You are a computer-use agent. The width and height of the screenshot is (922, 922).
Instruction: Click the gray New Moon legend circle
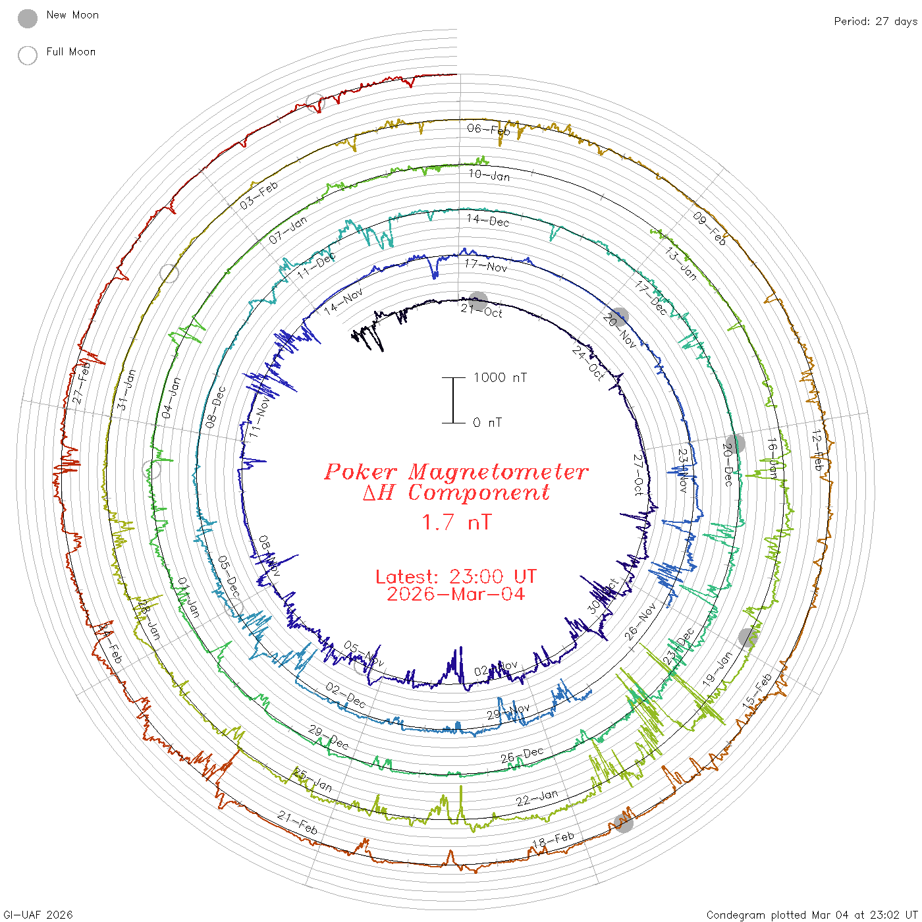pyautogui.click(x=28, y=18)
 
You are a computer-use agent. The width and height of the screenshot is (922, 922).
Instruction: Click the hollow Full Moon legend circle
pyautogui.click(x=28, y=55)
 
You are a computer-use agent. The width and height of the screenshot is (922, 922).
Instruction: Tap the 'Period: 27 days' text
pyautogui.click(x=875, y=21)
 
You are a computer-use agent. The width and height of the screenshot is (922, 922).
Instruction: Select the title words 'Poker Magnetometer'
pyautogui.click(x=456, y=472)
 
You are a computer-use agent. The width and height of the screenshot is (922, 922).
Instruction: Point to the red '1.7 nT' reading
pyautogui.click(x=456, y=522)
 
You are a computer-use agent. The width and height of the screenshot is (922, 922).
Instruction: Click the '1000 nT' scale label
pyautogui.click(x=500, y=377)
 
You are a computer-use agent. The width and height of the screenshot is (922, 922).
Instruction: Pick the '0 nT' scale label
pyautogui.click(x=487, y=423)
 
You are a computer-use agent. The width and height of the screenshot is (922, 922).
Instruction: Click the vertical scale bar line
pyautogui.click(x=453, y=400)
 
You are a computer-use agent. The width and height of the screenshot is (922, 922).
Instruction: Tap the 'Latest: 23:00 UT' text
pyautogui.click(x=456, y=577)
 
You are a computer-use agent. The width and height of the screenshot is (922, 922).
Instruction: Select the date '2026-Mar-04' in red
pyautogui.click(x=456, y=594)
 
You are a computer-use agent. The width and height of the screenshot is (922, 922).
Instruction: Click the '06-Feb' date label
pyautogui.click(x=489, y=129)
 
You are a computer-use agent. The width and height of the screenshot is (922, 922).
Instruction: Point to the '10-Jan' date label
pyautogui.click(x=489, y=175)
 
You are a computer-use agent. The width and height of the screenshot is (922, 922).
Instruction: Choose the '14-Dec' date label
pyautogui.click(x=487, y=220)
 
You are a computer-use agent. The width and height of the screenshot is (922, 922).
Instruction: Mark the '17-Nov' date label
pyautogui.click(x=486, y=265)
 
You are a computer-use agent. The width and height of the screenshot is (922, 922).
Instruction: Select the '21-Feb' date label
pyautogui.click(x=298, y=823)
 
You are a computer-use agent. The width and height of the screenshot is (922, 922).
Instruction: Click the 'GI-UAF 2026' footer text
pyautogui.click(x=38, y=915)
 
